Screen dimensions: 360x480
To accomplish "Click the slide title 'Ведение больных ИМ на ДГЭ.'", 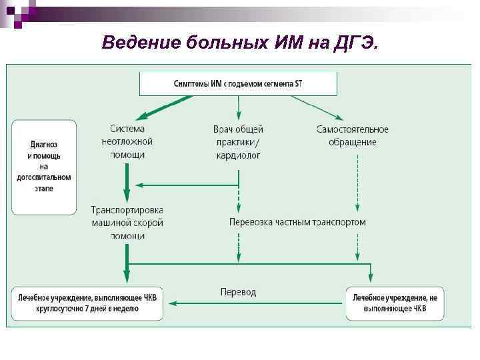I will (240, 43).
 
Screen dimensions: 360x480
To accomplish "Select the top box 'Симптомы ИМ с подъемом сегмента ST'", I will (238, 84).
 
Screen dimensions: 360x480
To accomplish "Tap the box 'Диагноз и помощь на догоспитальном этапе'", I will (44, 167).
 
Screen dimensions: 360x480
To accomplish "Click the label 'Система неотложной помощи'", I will (127, 141).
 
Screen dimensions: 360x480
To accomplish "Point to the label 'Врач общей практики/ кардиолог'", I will (238, 141).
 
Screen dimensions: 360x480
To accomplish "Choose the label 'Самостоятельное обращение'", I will (352, 135).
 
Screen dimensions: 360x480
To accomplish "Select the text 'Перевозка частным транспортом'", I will (297, 221).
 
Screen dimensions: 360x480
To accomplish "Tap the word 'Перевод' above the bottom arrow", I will (238, 292).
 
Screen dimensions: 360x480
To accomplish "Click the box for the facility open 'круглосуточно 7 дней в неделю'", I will (87, 303).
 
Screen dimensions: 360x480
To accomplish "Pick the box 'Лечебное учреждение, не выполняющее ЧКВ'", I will (395, 303).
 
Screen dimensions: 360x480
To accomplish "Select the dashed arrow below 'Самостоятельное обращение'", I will (358, 180).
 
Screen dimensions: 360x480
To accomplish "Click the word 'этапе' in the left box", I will (44, 189).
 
